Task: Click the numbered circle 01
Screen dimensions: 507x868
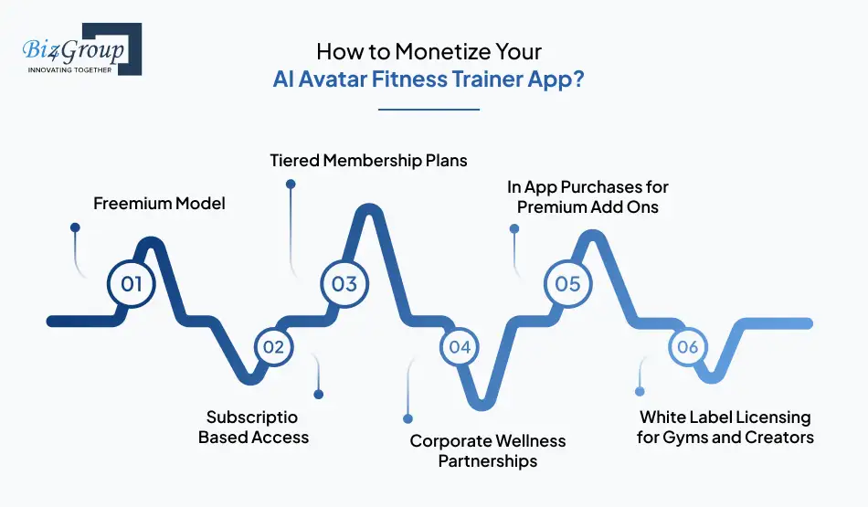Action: [x=132, y=283]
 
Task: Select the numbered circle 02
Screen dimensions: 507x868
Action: [x=273, y=346]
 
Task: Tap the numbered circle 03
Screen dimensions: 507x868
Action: [x=344, y=283]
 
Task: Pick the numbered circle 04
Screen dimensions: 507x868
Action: [x=460, y=346]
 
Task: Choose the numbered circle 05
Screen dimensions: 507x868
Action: [x=567, y=283]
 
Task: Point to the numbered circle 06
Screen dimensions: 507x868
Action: [x=688, y=346]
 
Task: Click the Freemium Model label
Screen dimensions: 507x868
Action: [x=159, y=204]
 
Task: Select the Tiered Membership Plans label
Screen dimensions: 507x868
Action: [x=368, y=161]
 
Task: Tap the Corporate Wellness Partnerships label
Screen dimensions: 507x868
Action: [x=487, y=450]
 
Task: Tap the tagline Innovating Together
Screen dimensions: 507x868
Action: [x=69, y=69]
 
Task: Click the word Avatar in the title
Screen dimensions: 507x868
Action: [x=333, y=79]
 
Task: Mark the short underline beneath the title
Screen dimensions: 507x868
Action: [x=429, y=110]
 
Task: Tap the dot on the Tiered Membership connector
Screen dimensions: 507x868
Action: [x=291, y=184]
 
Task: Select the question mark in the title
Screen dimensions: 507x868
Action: [x=579, y=79]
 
